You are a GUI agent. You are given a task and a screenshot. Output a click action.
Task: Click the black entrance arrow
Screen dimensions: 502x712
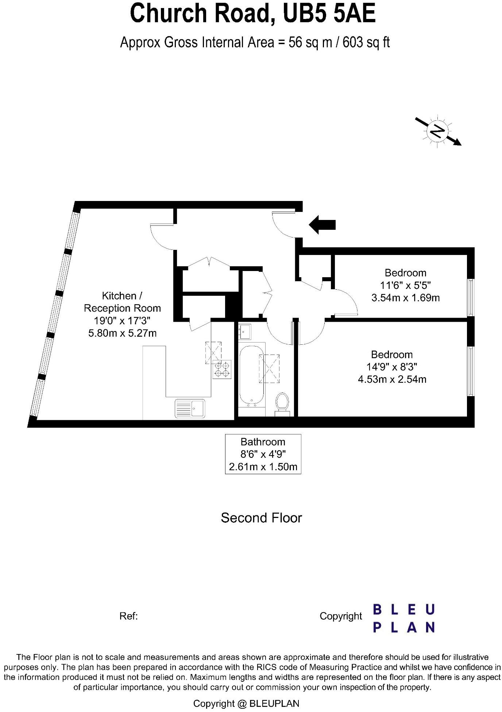[322, 224]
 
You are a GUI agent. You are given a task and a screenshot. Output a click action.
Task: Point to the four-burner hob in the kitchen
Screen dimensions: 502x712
[222, 369]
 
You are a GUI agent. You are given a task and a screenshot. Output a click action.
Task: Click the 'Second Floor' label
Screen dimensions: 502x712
[261, 518]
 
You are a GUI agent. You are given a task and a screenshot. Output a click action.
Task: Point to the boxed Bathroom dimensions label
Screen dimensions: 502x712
[263, 454]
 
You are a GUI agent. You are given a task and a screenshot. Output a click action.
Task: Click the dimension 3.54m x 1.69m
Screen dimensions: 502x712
[405, 298]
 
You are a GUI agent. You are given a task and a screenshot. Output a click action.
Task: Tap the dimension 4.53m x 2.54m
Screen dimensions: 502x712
[392, 379]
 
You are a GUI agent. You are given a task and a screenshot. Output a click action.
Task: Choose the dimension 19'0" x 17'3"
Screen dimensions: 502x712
[122, 321]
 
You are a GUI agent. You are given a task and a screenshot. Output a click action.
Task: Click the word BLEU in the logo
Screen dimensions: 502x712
[403, 609]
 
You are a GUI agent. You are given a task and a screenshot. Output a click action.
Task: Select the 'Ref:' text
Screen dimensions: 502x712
[128, 616]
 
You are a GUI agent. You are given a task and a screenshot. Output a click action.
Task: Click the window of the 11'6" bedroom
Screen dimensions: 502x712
[471, 297]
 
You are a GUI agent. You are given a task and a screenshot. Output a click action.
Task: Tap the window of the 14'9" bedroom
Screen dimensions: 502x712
[471, 371]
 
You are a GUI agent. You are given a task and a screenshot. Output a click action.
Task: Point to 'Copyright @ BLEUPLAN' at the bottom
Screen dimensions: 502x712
[246, 704]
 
